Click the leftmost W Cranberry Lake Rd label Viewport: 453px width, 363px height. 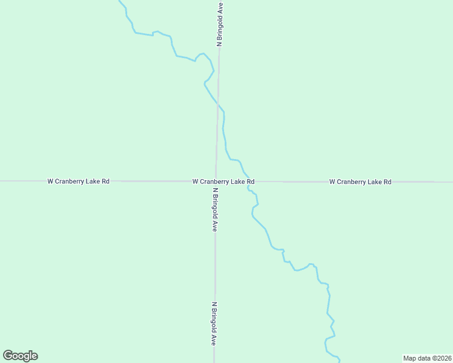coord(78,181)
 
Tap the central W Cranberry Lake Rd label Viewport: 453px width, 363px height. coord(223,181)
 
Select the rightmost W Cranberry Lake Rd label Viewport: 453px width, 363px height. coord(360,181)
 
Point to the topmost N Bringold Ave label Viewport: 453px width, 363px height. coord(220,24)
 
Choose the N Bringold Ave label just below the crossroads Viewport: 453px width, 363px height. coord(214,209)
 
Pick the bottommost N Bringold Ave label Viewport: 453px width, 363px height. coord(214,324)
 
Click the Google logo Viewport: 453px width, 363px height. coord(20,356)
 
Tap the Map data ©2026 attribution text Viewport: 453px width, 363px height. coord(427,358)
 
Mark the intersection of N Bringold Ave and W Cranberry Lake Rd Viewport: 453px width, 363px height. coord(216,181)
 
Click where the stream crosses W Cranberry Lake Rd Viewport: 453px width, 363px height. coord(248,181)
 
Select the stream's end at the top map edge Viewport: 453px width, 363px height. coord(119,1)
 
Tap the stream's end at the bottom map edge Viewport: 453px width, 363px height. coord(339,361)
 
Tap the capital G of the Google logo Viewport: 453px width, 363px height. coord(8,356)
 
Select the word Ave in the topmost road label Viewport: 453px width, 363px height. coord(220,8)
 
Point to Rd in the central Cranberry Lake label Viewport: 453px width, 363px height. coord(250,181)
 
